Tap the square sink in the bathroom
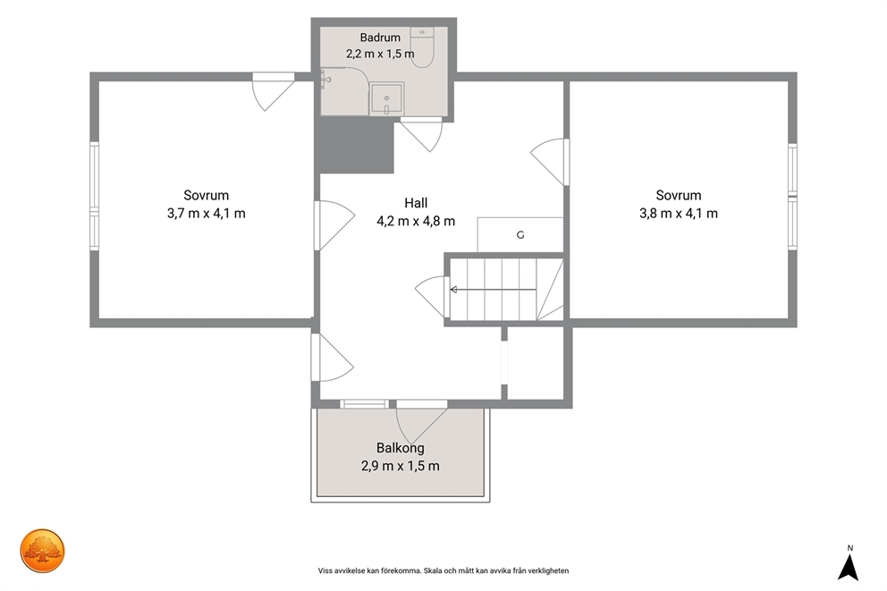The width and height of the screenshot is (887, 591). coord(386,98)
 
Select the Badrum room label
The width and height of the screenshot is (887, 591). coord(380,38)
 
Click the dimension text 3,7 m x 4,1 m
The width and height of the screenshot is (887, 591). coord(207,213)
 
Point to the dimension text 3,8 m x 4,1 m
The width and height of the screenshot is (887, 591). coord(679,213)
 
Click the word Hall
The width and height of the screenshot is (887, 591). coord(416,203)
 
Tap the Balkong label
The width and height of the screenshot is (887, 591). coord(401,448)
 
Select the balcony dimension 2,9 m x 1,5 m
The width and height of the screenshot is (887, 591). coord(401,466)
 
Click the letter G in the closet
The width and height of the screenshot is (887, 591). coord(520,235)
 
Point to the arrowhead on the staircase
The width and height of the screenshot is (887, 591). coord(453,290)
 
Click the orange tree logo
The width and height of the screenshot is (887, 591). coord(42,551)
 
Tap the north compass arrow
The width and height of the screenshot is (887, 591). coord(848,567)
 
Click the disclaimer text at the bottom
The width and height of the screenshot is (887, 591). coord(443,570)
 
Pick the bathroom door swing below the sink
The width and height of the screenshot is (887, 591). coord(421,135)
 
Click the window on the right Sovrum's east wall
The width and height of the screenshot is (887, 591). coord(792,196)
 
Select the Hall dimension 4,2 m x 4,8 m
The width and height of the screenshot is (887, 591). coord(416,221)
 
